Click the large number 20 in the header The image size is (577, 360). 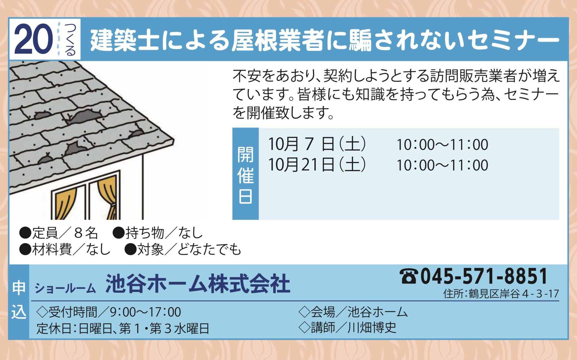click(x=33, y=39)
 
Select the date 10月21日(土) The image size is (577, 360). click(x=317, y=165)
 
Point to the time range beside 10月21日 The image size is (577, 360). click(x=442, y=165)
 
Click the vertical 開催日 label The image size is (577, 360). click(x=246, y=175)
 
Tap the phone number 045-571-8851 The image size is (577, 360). click(x=484, y=276)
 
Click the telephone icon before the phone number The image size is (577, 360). click(x=409, y=276)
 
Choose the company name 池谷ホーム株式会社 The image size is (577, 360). click(x=198, y=283)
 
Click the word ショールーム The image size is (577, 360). click(x=65, y=288)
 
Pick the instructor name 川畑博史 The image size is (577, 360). click(x=372, y=327)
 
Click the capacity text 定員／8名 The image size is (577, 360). click(x=59, y=233)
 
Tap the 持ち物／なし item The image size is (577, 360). click(x=158, y=233)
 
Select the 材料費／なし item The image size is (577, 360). click(x=65, y=249)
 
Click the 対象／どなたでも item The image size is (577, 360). click(x=183, y=249)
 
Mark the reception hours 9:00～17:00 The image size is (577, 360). click(x=145, y=312)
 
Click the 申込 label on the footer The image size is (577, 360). click(x=19, y=300)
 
